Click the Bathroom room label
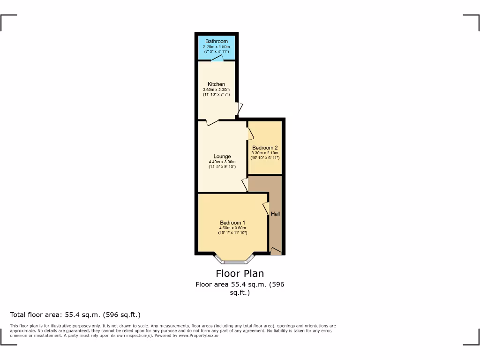216,41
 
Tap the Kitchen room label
216,84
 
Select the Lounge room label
222,157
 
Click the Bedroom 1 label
232,223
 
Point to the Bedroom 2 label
265,148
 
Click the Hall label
275,214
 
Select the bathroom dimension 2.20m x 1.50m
216,47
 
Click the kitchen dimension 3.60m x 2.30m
216,90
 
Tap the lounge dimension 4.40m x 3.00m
222,162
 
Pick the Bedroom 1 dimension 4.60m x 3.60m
232,228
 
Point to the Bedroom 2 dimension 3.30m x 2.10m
265,153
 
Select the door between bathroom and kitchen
217,59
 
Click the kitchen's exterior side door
240,109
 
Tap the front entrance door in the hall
276,252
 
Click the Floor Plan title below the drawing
240,274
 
